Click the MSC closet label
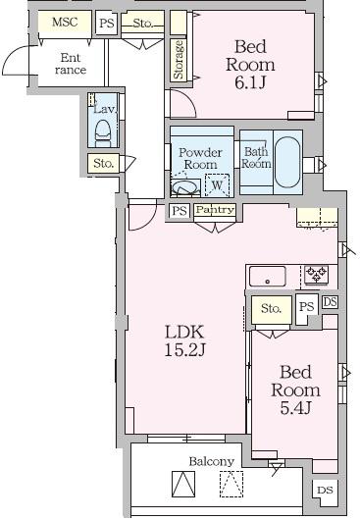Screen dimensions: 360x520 point(65,23)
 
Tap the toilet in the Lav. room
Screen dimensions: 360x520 point(102,133)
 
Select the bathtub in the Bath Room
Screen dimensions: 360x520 point(287,162)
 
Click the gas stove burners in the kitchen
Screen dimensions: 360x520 point(316,275)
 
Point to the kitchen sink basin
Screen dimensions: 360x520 point(268,276)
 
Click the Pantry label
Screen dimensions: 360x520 point(215,210)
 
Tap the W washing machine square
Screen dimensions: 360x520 point(217,185)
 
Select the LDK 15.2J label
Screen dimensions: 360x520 point(184,340)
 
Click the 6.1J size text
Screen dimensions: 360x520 point(250,82)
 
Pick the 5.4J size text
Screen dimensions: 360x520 point(295,408)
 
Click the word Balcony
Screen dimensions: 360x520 point(212,461)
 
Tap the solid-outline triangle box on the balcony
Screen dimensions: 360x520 point(183,484)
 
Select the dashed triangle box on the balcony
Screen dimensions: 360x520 point(231,484)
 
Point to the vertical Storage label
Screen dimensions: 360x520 point(179,60)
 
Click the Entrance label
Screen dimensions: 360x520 point(71,64)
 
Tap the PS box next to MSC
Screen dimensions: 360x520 point(107,23)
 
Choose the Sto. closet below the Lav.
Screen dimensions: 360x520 point(103,163)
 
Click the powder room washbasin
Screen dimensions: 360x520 point(184,187)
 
